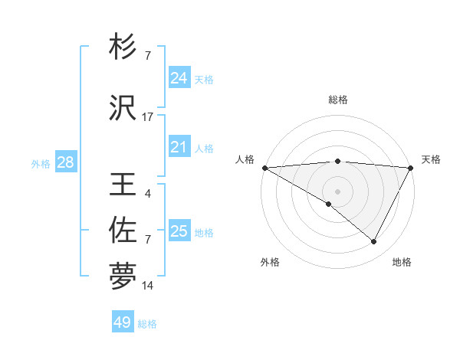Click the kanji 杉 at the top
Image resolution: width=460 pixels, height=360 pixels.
[123, 48]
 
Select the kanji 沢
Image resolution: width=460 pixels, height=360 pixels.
[123, 110]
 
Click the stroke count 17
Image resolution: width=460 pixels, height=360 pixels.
[148, 117]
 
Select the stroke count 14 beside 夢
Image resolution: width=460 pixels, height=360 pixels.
[148, 286]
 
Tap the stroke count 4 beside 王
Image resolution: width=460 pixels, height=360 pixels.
[147, 194]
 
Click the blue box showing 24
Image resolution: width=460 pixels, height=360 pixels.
[179, 78]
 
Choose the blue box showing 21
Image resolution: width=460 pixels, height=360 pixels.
[179, 147]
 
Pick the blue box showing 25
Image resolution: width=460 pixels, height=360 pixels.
[179, 231]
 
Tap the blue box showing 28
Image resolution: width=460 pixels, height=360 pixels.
[65, 162]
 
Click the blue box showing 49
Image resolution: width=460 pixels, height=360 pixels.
[122, 323]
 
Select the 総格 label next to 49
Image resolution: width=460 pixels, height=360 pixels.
[147, 324]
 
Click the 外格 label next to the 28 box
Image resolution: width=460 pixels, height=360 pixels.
[41, 163]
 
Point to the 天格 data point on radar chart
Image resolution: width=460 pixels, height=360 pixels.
[411, 168]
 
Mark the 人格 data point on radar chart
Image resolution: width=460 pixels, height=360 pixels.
[264, 168]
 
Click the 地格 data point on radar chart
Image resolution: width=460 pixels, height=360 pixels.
[374, 242]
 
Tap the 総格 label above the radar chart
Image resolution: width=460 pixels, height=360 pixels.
[337, 100]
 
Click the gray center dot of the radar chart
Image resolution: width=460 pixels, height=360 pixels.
[337, 191]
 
